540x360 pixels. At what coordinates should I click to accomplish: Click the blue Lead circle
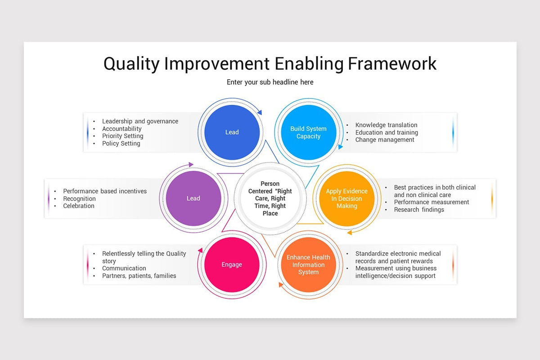(232, 132)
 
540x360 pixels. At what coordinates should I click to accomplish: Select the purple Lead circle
(193, 198)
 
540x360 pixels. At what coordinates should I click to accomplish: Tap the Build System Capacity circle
(308, 132)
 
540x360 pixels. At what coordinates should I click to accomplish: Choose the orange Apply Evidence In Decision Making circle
(346, 198)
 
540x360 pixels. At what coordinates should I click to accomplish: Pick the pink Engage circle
(232, 265)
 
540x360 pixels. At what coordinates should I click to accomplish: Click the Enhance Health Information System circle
(308, 265)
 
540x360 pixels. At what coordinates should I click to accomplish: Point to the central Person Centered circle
(270, 198)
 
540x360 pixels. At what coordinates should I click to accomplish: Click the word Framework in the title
(392, 63)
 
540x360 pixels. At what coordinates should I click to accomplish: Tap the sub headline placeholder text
(270, 82)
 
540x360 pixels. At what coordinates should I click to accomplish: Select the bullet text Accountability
(122, 129)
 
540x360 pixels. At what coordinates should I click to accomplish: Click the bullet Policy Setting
(121, 144)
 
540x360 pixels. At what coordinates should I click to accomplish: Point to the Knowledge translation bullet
(386, 125)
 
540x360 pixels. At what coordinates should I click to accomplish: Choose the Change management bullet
(384, 139)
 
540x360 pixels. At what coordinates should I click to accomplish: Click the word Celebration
(79, 206)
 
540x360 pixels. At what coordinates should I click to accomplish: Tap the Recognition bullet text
(79, 199)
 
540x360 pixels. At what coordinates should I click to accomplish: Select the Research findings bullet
(419, 210)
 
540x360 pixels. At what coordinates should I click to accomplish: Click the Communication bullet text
(124, 268)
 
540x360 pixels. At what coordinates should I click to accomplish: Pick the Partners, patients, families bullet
(139, 275)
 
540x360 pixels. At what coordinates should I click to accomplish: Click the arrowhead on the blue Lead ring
(260, 112)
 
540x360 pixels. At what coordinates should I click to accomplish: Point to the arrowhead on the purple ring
(191, 164)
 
